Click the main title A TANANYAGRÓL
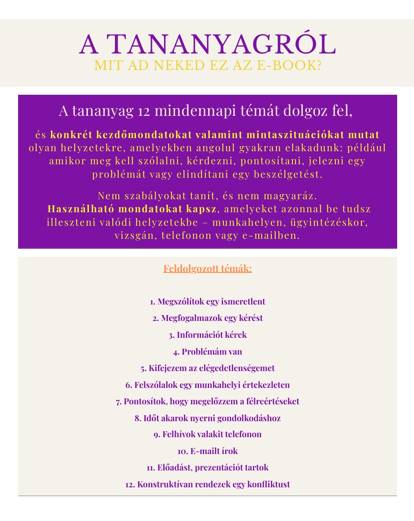207,44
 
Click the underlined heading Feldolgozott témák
207,268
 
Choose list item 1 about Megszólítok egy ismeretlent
207,302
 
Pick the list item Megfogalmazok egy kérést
207,318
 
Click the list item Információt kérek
207,335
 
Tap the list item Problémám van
207,351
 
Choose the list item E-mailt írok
207,451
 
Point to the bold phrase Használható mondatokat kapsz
132,209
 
